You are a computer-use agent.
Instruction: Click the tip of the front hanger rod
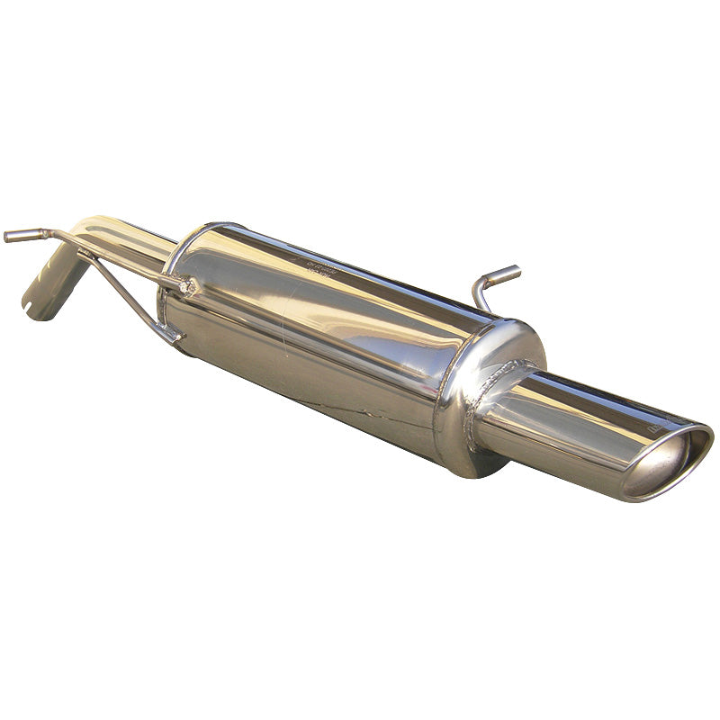9,237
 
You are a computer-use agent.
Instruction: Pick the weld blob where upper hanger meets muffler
186,286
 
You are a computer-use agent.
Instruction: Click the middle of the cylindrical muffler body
324,333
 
